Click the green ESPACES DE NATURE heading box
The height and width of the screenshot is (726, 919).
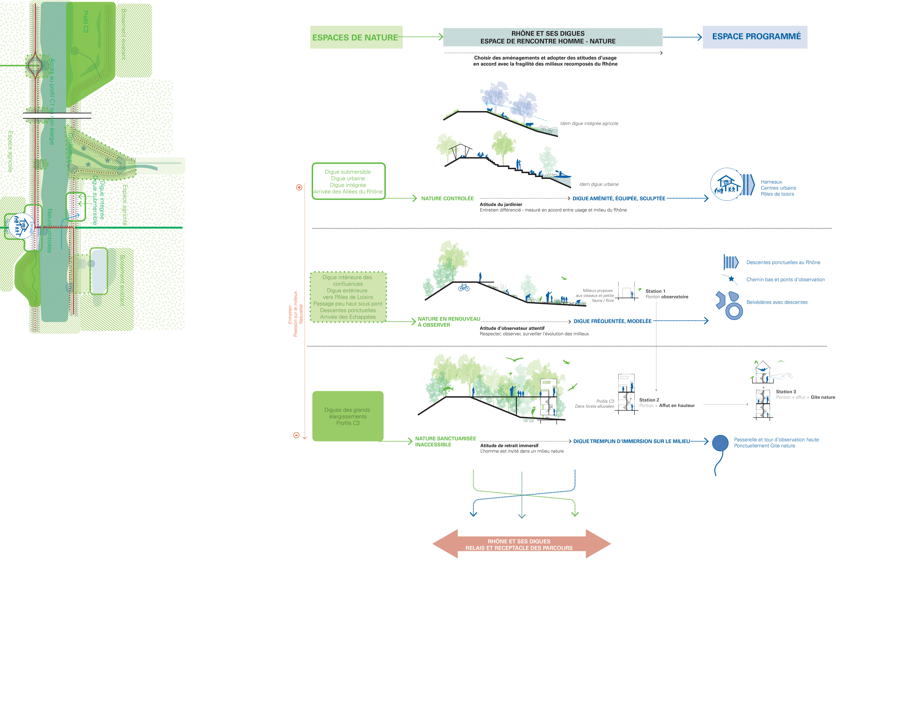pyautogui.click(x=356, y=37)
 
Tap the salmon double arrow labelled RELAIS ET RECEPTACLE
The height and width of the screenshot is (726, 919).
pyautogui.click(x=521, y=544)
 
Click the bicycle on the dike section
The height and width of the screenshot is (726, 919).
pyautogui.click(x=464, y=288)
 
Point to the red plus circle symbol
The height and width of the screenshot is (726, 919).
pyautogui.click(x=299, y=187)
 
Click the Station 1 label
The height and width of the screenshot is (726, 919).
pyautogui.click(x=655, y=291)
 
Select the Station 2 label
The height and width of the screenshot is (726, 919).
pyautogui.click(x=649, y=400)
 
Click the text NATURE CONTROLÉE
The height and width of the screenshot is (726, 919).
pyautogui.click(x=447, y=198)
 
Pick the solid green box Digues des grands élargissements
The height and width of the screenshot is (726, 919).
pyautogui.click(x=348, y=416)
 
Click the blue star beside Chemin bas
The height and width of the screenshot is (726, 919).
pyautogui.click(x=731, y=279)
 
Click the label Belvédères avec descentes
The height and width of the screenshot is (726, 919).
pyautogui.click(x=777, y=302)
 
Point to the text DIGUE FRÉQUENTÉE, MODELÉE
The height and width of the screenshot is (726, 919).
pyautogui.click(x=612, y=321)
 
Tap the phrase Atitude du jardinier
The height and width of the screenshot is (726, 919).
pyautogui.click(x=501, y=204)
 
